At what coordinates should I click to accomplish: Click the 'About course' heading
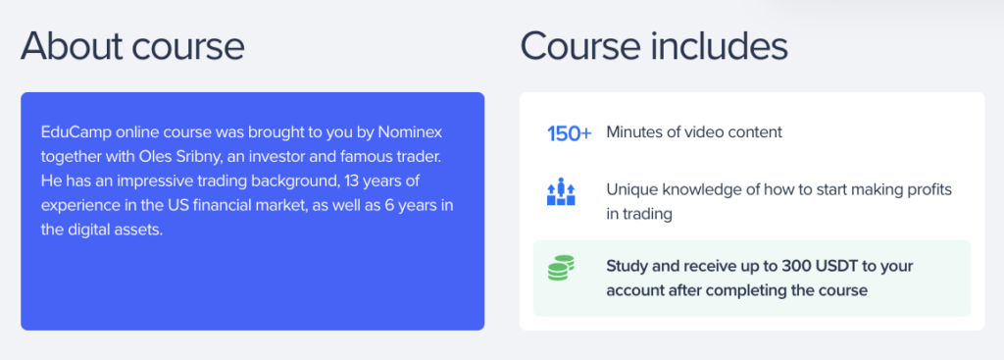(132, 47)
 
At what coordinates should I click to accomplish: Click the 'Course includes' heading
(654, 47)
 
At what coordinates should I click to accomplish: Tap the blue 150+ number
(570, 133)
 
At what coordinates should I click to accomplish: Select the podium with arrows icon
(561, 191)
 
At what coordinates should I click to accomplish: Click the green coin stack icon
(561, 267)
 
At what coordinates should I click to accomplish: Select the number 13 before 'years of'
(353, 181)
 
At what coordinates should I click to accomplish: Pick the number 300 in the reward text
(722, 267)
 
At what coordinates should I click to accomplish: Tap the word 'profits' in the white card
(929, 191)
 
